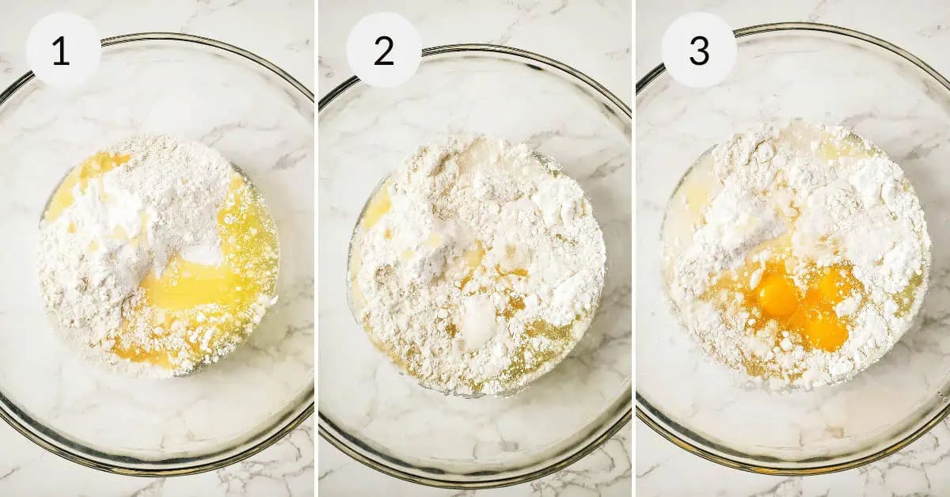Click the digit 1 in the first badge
click(62, 51)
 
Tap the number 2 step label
click(384, 51)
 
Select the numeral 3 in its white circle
click(699, 51)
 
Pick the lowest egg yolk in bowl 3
click(821, 329)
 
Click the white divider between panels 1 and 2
click(316, 248)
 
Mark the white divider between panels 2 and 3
click(633, 248)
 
